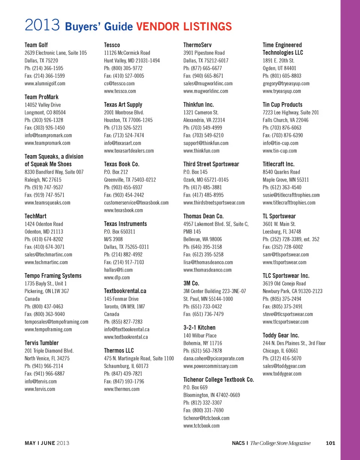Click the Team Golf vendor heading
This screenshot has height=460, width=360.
36,45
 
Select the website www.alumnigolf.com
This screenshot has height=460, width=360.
45,84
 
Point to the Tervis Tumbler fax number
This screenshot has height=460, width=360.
44,373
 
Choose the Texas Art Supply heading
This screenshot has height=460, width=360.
123,105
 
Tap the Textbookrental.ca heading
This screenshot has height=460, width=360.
125,291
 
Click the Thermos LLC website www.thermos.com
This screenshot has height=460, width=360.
121,389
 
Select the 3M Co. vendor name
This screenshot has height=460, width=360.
191,283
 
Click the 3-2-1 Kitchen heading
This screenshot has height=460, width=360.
199,327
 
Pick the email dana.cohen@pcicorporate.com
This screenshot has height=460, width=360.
213,358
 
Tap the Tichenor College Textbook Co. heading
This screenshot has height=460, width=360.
219,379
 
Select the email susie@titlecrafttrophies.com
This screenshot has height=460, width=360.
291,195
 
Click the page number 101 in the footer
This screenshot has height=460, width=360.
330,444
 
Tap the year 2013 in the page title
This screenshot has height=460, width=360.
43,26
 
